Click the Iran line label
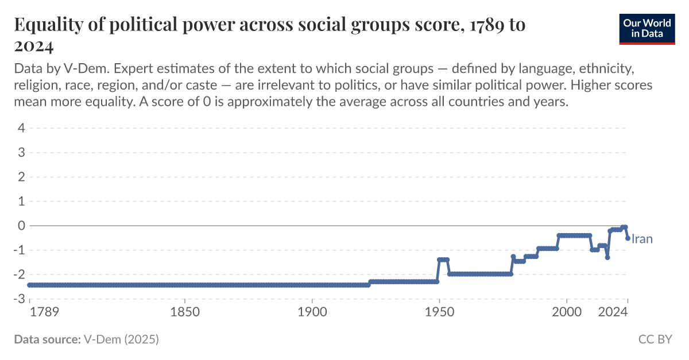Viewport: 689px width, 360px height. click(642, 239)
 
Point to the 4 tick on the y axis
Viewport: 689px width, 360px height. click(21, 128)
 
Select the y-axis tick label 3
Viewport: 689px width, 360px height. click(21, 153)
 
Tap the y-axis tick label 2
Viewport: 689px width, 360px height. click(21, 177)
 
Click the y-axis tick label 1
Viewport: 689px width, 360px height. click(21, 202)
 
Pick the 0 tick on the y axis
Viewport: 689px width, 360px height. click(21, 226)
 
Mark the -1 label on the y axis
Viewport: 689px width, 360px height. click(19, 250)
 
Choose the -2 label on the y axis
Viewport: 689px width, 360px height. click(19, 274)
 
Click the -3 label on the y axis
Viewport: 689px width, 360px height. click(19, 299)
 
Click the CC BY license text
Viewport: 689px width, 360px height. click(655, 339)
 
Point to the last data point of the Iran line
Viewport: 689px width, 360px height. click(628, 238)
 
